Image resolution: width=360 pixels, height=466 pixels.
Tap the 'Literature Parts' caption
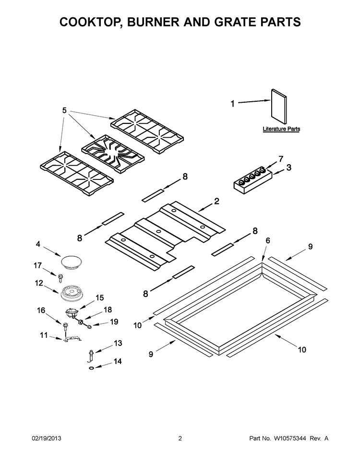click(281, 129)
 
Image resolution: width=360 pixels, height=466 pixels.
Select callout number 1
click(233, 103)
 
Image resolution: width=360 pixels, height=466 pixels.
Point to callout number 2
click(216, 201)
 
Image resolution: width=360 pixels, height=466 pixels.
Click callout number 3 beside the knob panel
click(288, 167)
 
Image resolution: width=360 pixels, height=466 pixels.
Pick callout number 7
click(281, 158)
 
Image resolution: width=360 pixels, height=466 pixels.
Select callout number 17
click(38, 265)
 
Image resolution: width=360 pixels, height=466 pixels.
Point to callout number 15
click(99, 298)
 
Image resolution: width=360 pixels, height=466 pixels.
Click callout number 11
click(43, 335)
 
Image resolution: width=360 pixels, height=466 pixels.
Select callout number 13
click(118, 343)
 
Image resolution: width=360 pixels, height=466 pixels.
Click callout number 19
click(114, 322)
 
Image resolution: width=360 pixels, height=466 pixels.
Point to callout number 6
click(267, 240)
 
